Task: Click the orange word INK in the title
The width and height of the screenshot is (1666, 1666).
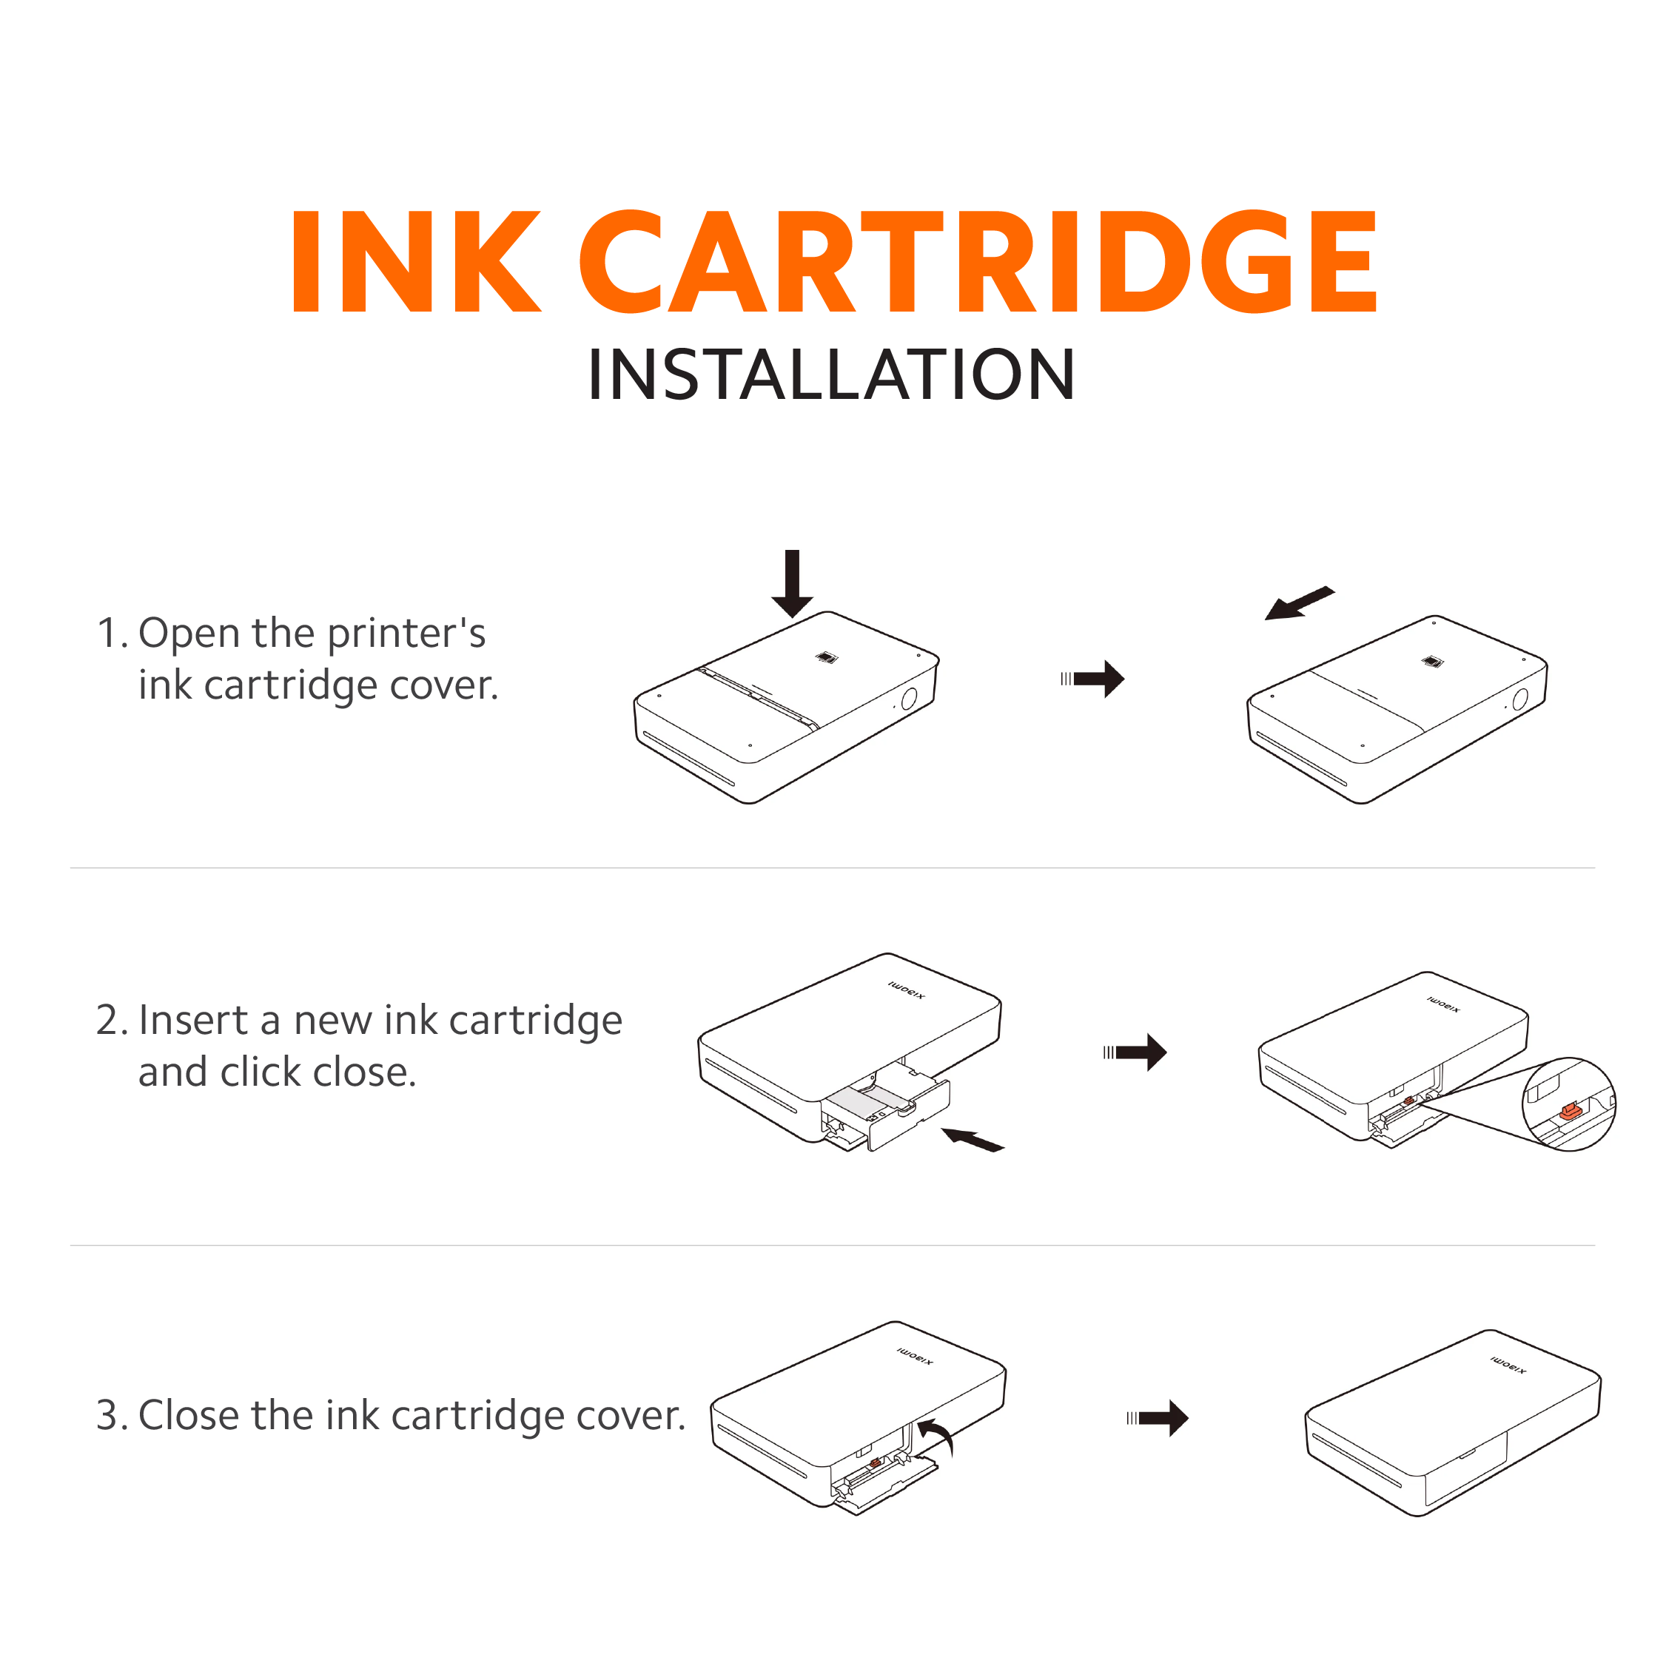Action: point(417,261)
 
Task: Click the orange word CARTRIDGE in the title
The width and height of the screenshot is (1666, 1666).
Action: point(978,261)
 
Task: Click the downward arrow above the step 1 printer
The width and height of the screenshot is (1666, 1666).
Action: point(793,583)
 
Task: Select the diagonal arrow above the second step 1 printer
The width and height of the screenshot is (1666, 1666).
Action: point(1300,602)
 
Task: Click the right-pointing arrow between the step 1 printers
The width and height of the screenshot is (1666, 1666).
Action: point(1092,679)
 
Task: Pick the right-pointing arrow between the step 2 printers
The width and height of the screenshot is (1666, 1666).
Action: point(1135,1052)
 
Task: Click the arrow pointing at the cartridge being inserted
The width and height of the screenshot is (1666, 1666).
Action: point(973,1140)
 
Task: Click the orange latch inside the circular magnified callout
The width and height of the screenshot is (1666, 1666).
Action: point(1571,1112)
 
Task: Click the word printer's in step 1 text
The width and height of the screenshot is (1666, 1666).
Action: point(406,634)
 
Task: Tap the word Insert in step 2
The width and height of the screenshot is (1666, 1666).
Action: point(193,1020)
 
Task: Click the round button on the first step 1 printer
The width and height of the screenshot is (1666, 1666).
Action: point(909,699)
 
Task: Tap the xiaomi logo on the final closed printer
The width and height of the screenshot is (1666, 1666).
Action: point(1508,1365)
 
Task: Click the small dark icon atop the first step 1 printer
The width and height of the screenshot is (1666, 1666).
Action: point(827,658)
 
